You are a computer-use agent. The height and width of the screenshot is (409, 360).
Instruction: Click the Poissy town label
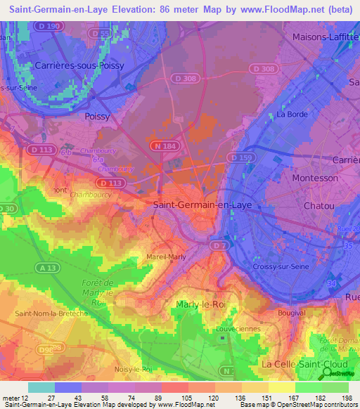point(98,116)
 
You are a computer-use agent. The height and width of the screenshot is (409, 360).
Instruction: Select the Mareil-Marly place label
point(166,257)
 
